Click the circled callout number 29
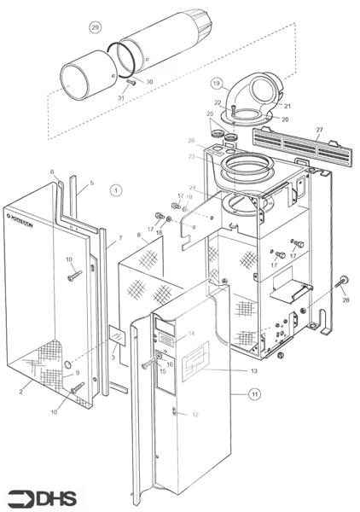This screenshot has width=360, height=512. pos(96,26)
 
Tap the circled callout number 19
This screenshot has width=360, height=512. pos(217,84)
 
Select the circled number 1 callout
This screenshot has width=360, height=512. pos(117,189)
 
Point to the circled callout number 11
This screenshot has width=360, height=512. pos(253,393)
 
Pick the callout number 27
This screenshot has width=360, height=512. pos(320,130)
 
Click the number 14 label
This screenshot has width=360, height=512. pos(192,333)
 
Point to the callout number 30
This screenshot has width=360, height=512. pos(150,82)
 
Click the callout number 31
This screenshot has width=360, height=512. pos(122,98)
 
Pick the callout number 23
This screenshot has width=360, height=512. pos(192,156)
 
